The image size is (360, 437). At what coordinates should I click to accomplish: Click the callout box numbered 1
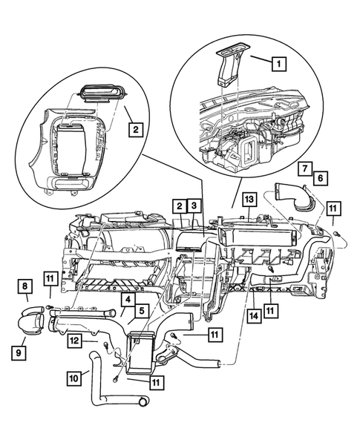[x=279, y=65]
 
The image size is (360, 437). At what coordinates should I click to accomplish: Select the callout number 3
[x=193, y=205]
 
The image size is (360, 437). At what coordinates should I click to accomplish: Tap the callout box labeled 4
[x=127, y=300]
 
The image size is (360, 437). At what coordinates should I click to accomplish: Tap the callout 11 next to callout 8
[x=50, y=279]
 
